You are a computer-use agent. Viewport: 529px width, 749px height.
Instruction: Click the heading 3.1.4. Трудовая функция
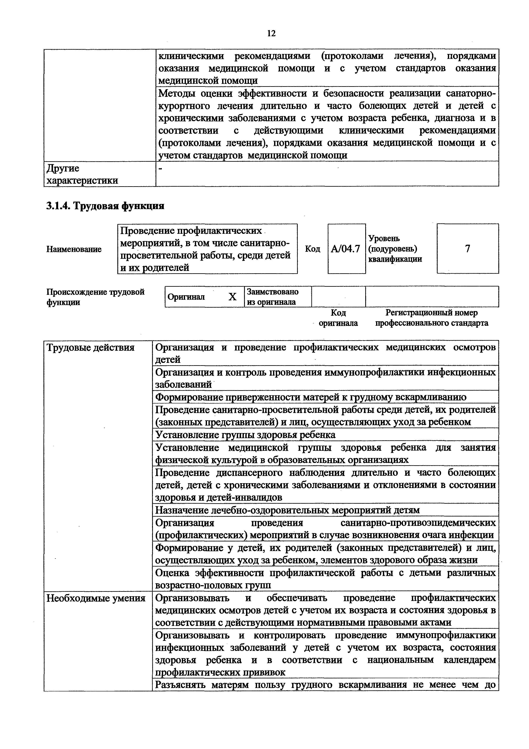pos(105,206)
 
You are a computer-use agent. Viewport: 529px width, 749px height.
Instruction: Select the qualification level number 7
pos(467,249)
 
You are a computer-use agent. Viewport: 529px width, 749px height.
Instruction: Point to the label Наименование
pos(74,249)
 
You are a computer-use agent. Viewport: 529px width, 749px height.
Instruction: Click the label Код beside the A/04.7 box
pos(312,249)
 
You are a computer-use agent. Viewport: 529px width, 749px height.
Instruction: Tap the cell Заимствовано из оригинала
pos(273,297)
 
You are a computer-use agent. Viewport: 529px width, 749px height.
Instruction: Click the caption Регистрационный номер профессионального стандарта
pos(432,318)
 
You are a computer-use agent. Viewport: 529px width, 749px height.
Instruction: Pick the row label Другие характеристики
pos(82,175)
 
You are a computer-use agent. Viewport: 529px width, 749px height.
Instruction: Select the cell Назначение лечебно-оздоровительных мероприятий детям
pos(288,510)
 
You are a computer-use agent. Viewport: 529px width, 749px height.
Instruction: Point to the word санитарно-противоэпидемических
pos(418,523)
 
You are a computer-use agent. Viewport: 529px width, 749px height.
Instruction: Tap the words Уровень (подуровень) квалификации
pos(395,249)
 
